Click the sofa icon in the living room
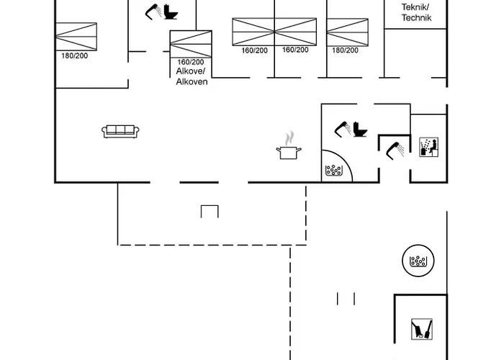120,131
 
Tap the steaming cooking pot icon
289,145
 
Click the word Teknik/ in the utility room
415,7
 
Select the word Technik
416,18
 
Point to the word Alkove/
190,71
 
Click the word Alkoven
192,81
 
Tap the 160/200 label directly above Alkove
191,62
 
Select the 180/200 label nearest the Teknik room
345,50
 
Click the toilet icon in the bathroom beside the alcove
171,12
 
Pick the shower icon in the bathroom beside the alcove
153,12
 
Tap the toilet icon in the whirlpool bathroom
360,129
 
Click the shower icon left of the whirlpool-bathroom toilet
342,129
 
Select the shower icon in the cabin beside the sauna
395,150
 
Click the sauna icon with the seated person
429,147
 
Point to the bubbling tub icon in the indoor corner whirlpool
334,171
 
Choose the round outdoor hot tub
418,261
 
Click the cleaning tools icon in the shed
422,329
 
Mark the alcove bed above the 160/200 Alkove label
191,44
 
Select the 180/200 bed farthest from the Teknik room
76,37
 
